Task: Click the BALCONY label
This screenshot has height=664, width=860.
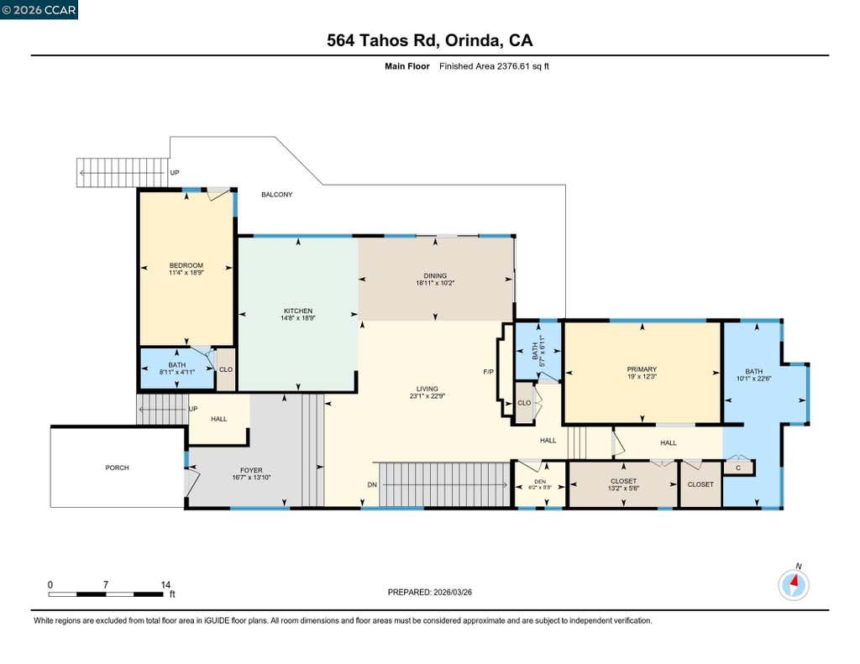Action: point(276,194)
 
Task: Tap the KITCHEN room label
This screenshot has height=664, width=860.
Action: point(298,311)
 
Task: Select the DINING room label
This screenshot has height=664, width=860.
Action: point(435,276)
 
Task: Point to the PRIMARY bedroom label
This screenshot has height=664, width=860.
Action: point(642,369)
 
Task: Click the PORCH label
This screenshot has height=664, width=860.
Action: point(118,468)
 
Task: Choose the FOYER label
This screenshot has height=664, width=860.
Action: point(251,470)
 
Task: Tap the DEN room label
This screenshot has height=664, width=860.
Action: point(540,482)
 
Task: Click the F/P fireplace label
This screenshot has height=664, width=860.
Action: point(488,372)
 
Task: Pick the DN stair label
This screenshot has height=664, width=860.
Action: point(372,484)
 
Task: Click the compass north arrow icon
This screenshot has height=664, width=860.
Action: point(794,584)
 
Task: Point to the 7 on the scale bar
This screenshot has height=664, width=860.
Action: point(105,584)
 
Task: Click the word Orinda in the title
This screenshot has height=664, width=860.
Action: point(472,40)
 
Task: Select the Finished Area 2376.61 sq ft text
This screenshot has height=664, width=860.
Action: point(494,66)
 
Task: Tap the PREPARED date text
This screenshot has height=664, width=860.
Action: point(429,592)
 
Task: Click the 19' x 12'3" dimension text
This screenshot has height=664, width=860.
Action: point(642,377)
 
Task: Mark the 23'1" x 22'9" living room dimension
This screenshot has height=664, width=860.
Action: point(427,396)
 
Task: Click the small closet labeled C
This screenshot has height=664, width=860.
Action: point(738,468)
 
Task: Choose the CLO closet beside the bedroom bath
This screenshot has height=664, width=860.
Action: point(226,369)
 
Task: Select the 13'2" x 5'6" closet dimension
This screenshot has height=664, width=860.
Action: point(624,488)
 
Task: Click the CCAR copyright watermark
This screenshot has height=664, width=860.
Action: point(39,10)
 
